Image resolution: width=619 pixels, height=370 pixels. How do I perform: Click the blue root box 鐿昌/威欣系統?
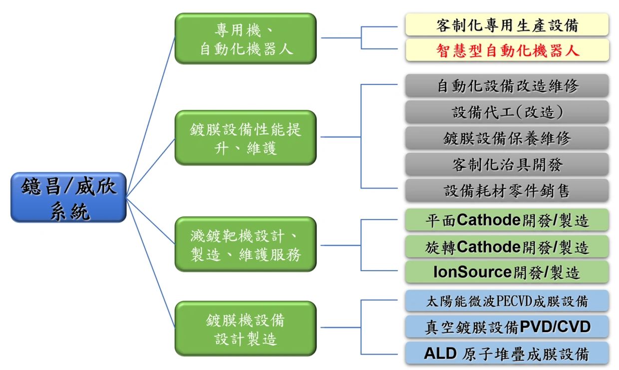tap(68, 197)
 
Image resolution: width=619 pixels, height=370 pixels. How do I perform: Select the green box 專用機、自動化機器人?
tap(246, 38)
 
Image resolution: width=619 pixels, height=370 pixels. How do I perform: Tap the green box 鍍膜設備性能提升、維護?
tap(246, 138)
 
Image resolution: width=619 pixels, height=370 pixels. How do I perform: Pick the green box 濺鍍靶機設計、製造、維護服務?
tap(246, 244)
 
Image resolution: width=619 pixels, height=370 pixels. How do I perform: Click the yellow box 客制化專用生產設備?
tap(507, 24)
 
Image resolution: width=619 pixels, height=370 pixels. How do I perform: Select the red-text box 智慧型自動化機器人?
tap(507, 50)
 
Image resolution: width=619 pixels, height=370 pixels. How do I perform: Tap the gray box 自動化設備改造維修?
tap(507, 85)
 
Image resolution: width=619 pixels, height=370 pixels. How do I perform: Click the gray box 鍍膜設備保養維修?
tap(507, 138)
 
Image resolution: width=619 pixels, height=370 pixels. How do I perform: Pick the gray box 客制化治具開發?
tap(507, 164)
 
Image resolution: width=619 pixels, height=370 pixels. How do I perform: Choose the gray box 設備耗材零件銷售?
tap(507, 190)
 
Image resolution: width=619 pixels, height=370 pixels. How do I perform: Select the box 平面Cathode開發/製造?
tap(507, 220)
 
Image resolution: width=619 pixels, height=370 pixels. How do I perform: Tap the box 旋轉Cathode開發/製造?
tap(507, 246)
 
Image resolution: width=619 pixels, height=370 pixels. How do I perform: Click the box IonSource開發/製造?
tap(507, 272)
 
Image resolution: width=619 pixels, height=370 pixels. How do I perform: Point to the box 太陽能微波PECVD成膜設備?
tap(507, 301)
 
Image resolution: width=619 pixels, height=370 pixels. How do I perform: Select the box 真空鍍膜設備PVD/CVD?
tap(507, 327)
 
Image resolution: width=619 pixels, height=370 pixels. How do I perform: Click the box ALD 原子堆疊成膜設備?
tap(507, 353)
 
